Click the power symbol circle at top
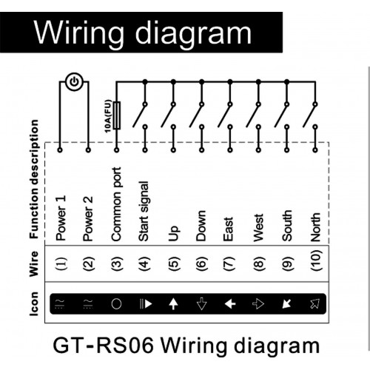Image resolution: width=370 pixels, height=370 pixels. tap(74, 81)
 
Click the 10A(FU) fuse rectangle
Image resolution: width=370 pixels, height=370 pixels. tap(117, 115)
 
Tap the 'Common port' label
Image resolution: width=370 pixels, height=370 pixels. tap(116, 204)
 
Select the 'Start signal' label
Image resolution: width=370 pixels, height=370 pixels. tap(144, 211)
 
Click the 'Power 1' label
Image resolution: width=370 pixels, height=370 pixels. tap(61, 218)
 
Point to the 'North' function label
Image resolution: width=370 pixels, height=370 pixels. tap(315, 227)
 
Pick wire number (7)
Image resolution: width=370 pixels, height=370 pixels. tap(229, 263)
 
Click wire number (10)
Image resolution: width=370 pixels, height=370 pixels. tap(316, 260)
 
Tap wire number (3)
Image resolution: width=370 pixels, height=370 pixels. tap(117, 263)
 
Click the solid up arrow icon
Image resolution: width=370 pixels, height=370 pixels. tap(173, 303)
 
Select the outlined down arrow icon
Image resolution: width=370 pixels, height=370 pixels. tap(202, 303)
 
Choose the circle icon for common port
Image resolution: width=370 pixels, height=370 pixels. tap(116, 304)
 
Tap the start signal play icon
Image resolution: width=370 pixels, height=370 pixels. tap(146, 304)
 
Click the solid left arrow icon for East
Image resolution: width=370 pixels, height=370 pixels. tap(230, 304)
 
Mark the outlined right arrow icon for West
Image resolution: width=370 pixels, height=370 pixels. tap(258, 304)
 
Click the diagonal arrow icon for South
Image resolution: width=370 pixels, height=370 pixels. tap(286, 304)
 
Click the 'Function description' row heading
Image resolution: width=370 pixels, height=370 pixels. tap(34, 179)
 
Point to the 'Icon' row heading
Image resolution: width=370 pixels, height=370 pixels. tap(34, 303)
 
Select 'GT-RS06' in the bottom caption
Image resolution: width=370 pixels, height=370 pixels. tap(103, 346)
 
